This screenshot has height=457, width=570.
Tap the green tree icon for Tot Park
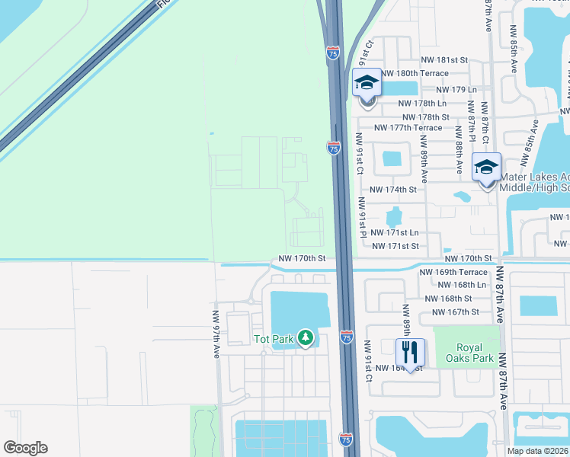[306, 337]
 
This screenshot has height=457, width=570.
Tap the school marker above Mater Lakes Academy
[486, 168]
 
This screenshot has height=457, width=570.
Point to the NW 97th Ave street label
[216, 335]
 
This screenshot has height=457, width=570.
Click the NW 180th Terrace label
[414, 73]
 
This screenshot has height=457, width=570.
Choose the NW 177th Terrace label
[404, 127]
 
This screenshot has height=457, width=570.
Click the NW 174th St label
[392, 189]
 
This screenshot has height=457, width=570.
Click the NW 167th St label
[455, 312]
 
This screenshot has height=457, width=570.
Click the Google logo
[25, 448]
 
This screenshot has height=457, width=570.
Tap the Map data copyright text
[538, 451]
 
